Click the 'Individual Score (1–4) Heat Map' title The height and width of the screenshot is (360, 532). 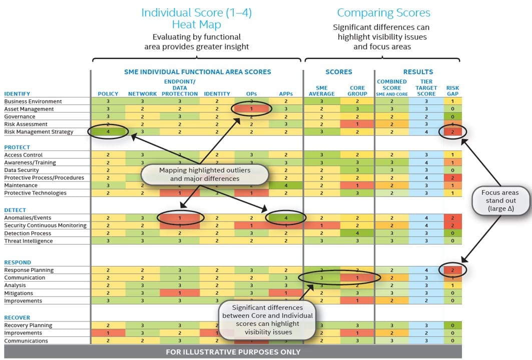[196, 18]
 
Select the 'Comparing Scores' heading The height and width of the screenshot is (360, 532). [383, 13]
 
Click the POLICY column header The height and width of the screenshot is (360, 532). [108, 93]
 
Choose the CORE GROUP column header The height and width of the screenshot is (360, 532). [357, 90]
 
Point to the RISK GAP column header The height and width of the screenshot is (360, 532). [452, 90]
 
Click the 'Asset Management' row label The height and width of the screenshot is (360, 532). [29, 109]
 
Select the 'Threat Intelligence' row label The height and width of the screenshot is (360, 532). [29, 241]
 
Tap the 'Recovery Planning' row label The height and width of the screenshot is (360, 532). [28, 325]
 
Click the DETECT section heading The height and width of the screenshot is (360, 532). [15, 210]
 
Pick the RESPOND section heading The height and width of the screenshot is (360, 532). [18, 262]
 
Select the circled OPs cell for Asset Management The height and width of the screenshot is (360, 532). [252, 109]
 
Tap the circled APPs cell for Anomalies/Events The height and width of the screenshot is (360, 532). [285, 218]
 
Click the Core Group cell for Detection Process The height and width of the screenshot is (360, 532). [357, 233]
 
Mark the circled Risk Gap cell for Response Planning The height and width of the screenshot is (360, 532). [452, 270]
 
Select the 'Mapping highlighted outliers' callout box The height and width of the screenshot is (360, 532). [205, 174]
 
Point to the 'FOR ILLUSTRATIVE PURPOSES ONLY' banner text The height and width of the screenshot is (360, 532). [233, 352]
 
